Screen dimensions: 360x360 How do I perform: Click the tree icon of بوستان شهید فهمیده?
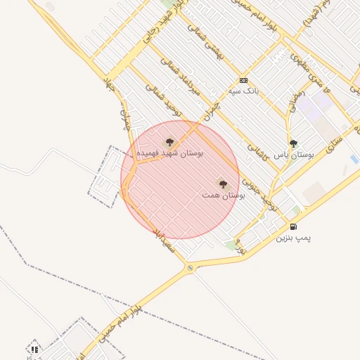[169, 142]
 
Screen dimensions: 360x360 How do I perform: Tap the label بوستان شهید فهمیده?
[169, 153]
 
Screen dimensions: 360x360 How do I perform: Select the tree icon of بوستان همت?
[223, 184]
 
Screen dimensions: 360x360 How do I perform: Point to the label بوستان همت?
[224, 195]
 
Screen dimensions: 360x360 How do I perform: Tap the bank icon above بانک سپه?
[243, 80]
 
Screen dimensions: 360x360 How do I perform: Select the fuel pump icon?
[293, 226]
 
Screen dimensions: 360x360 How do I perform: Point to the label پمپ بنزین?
[293, 238]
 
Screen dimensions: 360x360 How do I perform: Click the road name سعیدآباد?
[163, 240]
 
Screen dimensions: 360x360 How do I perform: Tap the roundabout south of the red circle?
[189, 268]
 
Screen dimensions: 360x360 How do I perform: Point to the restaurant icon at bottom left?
[34, 349]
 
